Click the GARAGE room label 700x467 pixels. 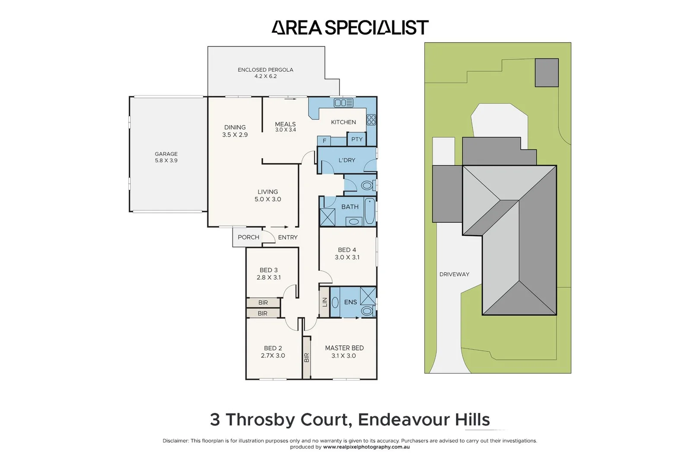tap(166, 154)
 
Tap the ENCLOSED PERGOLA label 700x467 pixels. tap(265, 70)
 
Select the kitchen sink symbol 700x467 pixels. tap(344, 103)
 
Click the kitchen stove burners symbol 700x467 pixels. tap(371, 119)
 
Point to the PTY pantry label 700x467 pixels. tap(357, 139)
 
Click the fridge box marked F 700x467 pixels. tap(324, 141)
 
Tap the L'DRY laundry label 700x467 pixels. tap(347, 160)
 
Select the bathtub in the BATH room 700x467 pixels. tap(369, 211)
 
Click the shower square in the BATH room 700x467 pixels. tap(327, 217)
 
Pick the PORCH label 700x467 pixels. tap(248, 237)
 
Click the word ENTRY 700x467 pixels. tap(288, 237)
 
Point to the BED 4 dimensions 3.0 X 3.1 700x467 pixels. tap(347, 257)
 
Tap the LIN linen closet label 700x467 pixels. tap(325, 302)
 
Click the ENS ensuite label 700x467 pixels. tap(350, 302)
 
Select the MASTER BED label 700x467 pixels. tap(344, 348)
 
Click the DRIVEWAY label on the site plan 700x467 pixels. tap(454, 274)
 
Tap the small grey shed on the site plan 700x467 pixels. tap(547, 73)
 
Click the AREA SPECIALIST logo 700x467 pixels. tap(350, 28)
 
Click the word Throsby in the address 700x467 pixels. tap(286, 419)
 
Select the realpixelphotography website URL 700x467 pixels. tap(366, 447)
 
